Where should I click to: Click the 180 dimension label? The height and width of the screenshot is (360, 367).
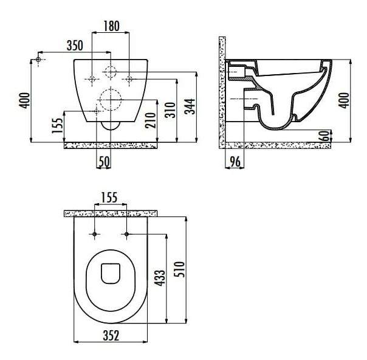click(x=111, y=26)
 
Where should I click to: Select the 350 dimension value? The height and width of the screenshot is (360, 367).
click(x=75, y=46)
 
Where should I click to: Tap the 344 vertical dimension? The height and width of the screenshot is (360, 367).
click(x=190, y=106)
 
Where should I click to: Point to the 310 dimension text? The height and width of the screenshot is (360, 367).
click(x=170, y=110)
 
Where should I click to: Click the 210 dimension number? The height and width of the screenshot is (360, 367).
click(x=151, y=120)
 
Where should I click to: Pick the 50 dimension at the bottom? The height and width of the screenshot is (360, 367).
click(x=104, y=161)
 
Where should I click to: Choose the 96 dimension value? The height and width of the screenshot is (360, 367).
click(x=235, y=161)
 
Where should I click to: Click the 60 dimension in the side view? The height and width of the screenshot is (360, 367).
click(x=324, y=136)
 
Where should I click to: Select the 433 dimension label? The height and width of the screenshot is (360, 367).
click(x=160, y=278)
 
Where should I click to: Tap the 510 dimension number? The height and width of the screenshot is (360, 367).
click(x=179, y=269)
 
